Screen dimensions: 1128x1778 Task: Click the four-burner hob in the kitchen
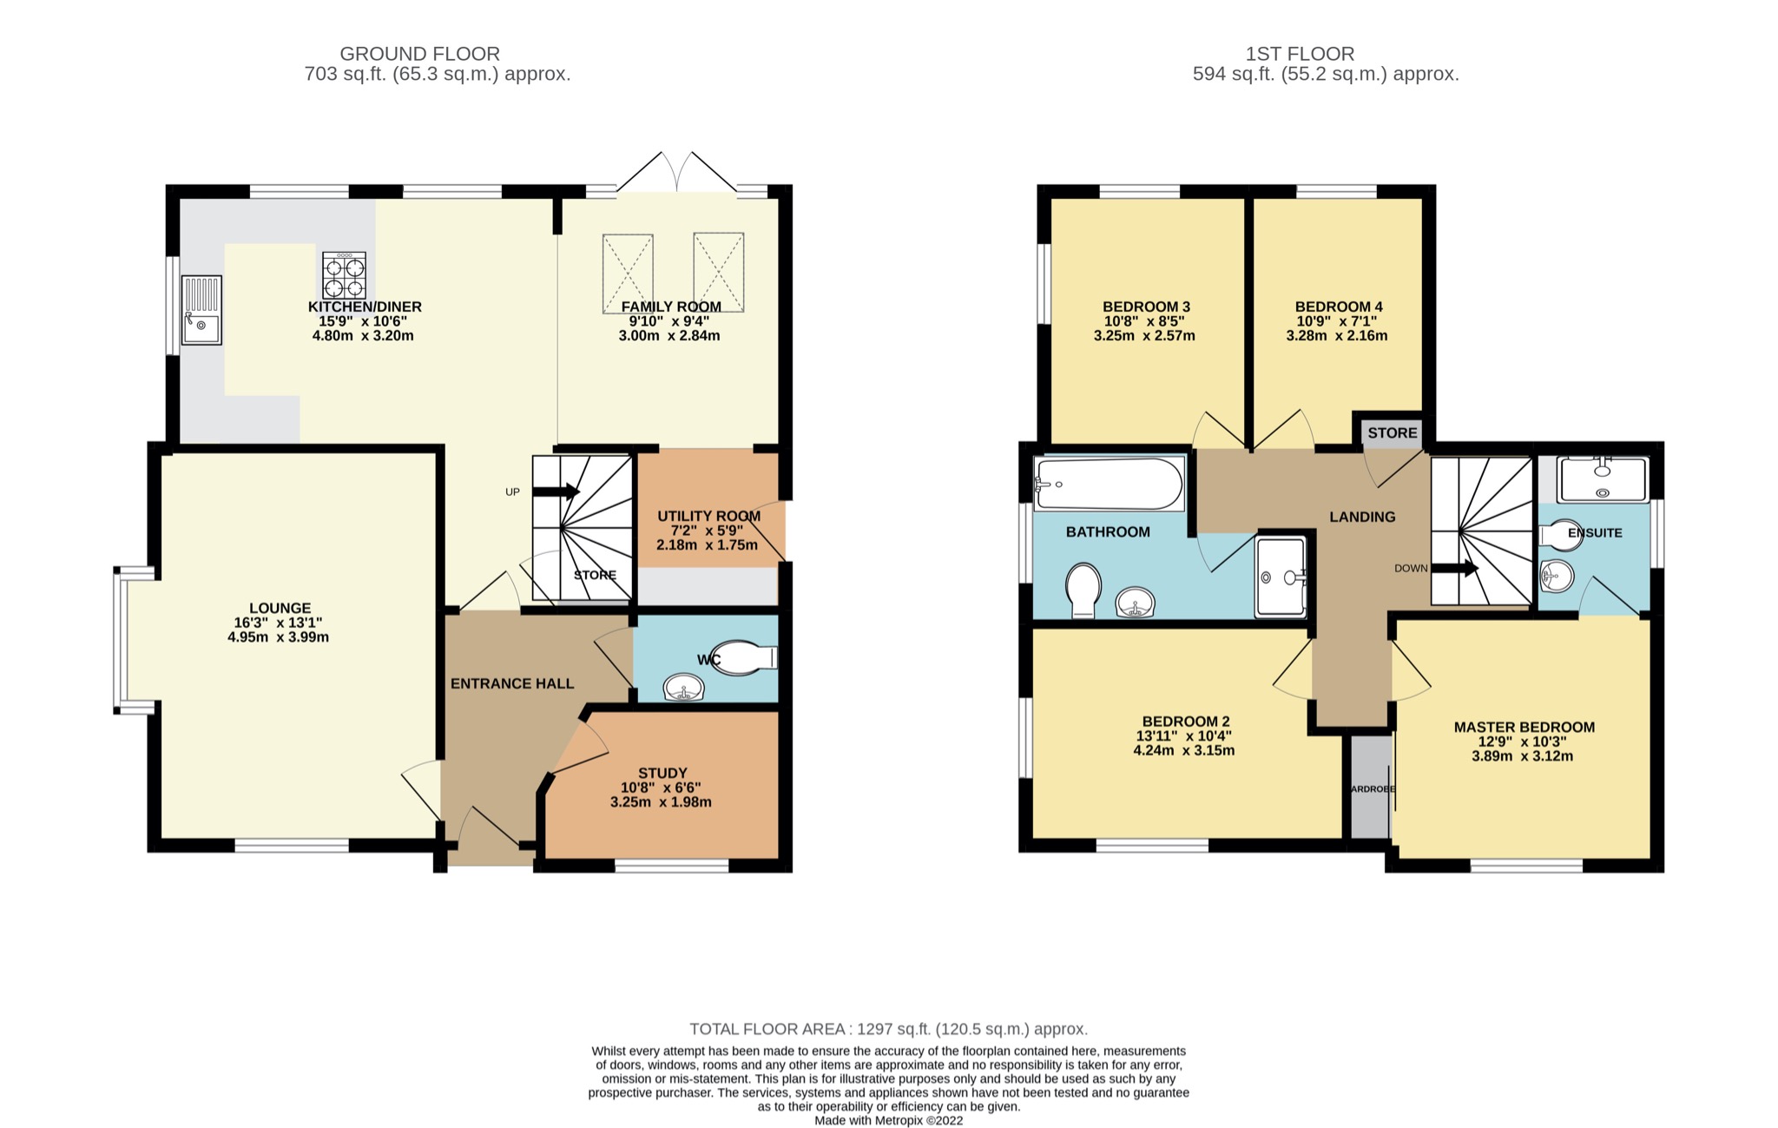(344, 276)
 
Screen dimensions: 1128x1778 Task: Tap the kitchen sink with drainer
(201, 310)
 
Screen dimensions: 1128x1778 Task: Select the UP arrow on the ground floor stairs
(556, 491)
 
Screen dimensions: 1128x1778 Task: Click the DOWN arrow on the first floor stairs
(1455, 569)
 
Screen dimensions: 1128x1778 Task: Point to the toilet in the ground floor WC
(744, 658)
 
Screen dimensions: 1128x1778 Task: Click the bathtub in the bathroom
(1109, 485)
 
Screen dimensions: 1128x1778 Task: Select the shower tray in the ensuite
(1603, 480)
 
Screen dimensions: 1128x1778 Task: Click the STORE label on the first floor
(1393, 432)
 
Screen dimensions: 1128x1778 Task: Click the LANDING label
(1362, 517)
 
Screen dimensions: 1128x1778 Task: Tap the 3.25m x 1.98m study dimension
(661, 802)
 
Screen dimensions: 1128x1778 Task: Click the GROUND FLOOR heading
(419, 54)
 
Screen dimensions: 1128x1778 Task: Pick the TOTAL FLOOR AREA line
(888, 1029)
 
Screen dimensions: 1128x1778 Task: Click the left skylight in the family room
(627, 273)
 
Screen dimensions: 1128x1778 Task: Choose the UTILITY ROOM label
(708, 516)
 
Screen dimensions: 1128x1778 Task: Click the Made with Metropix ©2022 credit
(888, 1120)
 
